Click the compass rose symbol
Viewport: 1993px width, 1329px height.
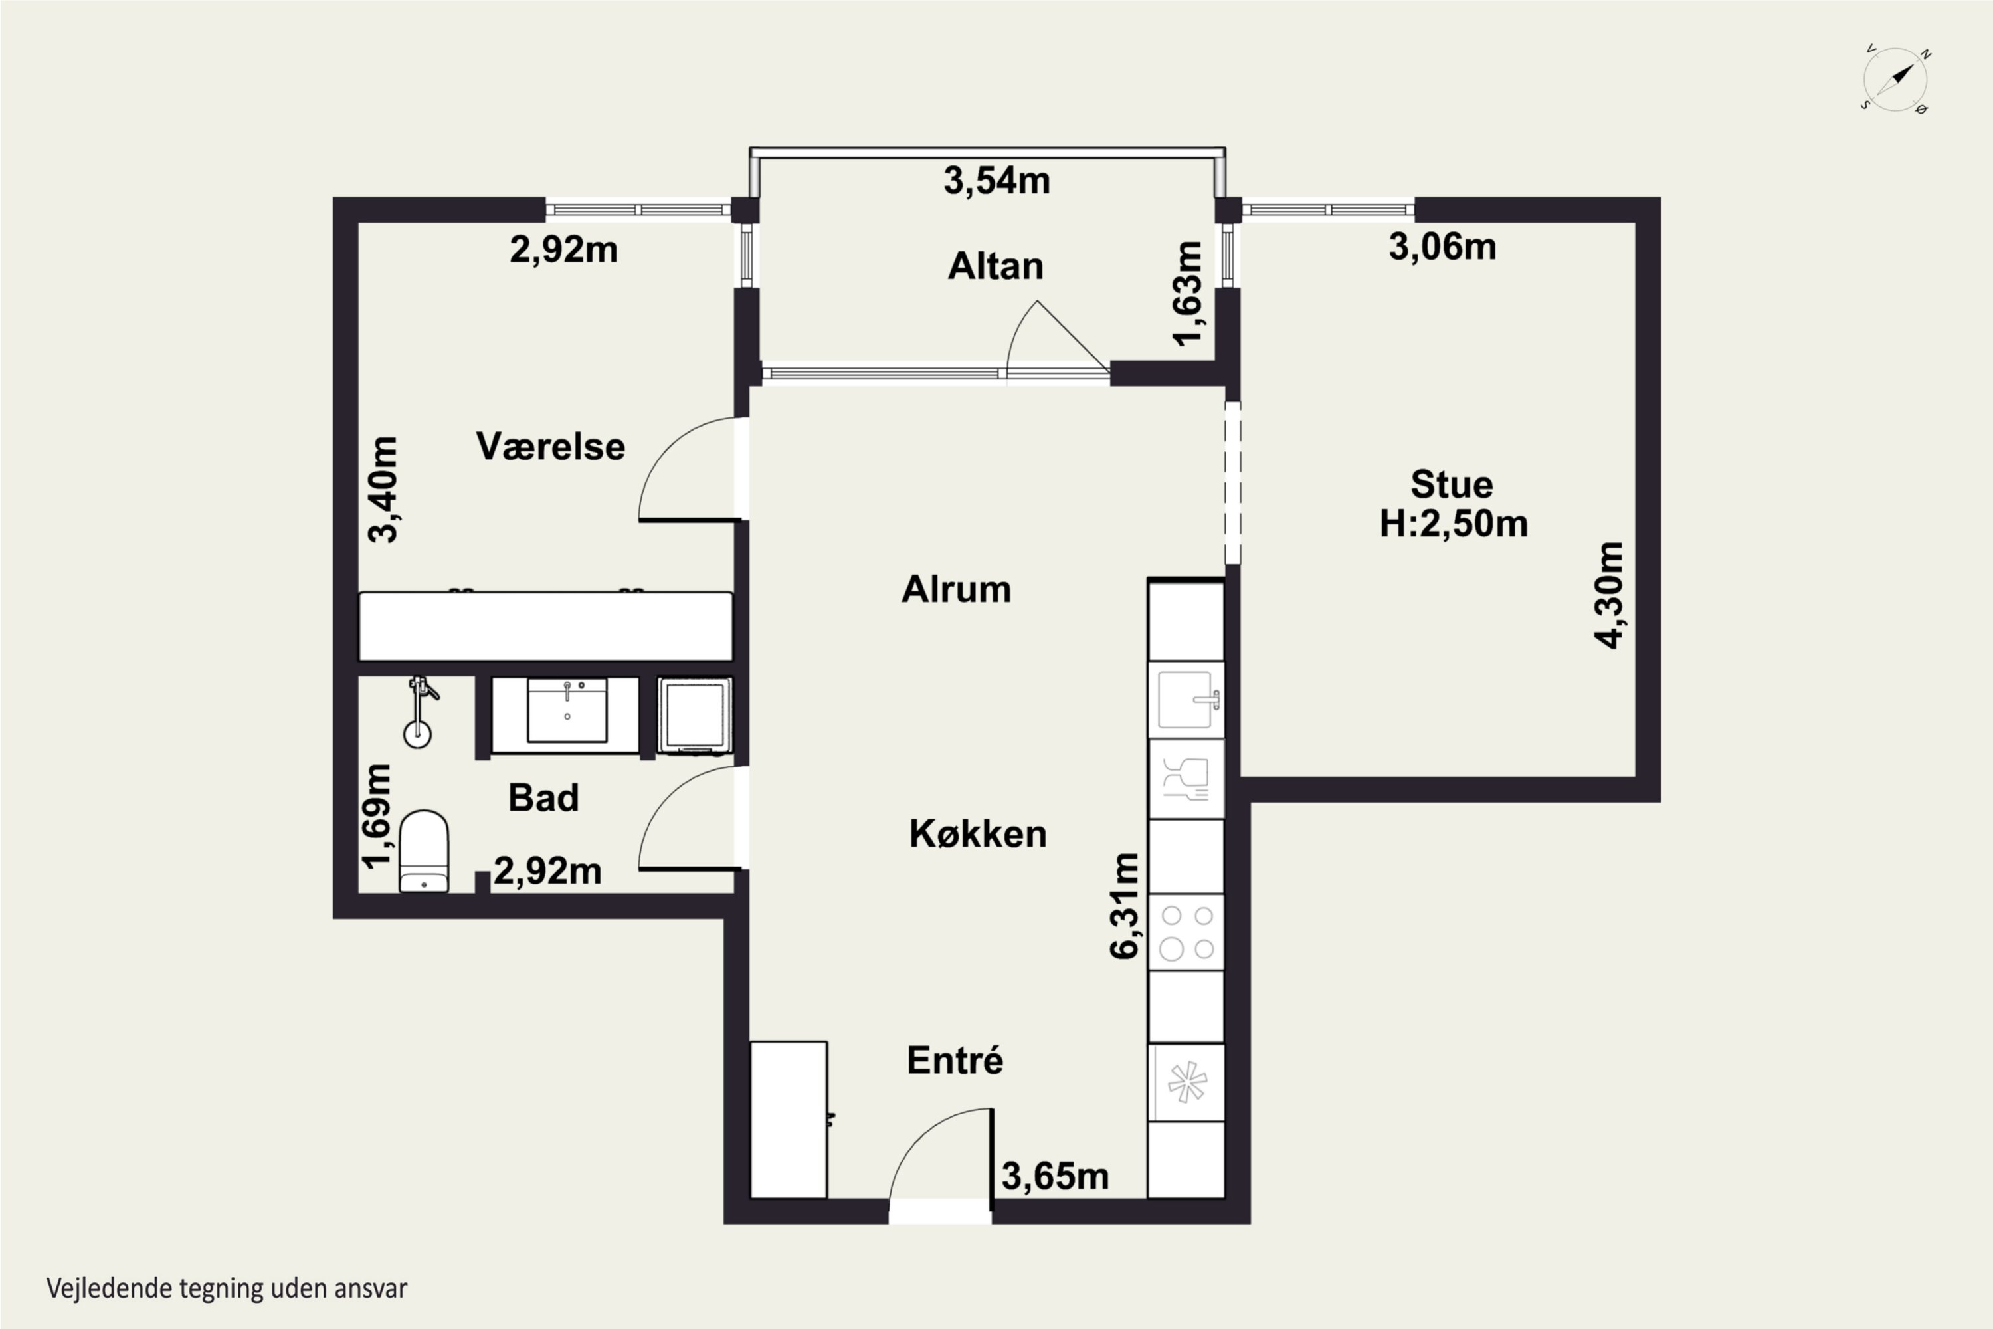click(x=1895, y=80)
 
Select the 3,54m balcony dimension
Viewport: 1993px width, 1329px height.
click(x=996, y=181)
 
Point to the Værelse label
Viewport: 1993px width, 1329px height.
click(x=551, y=446)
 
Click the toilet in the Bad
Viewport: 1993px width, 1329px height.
click(x=424, y=852)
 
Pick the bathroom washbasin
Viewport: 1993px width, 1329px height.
click(x=567, y=710)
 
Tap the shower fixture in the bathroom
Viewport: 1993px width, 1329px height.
click(x=419, y=710)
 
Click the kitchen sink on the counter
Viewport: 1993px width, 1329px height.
click(x=1186, y=699)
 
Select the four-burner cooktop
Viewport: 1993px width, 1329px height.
click(x=1186, y=932)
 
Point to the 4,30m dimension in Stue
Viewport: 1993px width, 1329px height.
click(x=1609, y=595)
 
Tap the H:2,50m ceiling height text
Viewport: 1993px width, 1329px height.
click(x=1454, y=523)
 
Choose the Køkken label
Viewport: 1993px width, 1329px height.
click(x=978, y=834)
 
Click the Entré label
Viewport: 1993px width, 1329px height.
click(x=955, y=1061)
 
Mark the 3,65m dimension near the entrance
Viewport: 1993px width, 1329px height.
click(x=1055, y=1176)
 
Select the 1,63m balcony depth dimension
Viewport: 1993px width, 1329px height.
click(x=1187, y=293)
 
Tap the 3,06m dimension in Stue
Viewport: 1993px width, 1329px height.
click(x=1442, y=247)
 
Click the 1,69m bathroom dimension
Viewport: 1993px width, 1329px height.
click(x=377, y=816)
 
